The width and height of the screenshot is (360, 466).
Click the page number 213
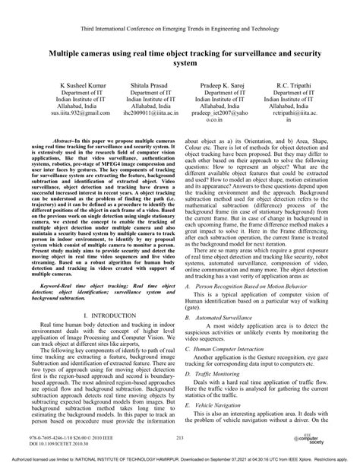[x=180, y=438]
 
